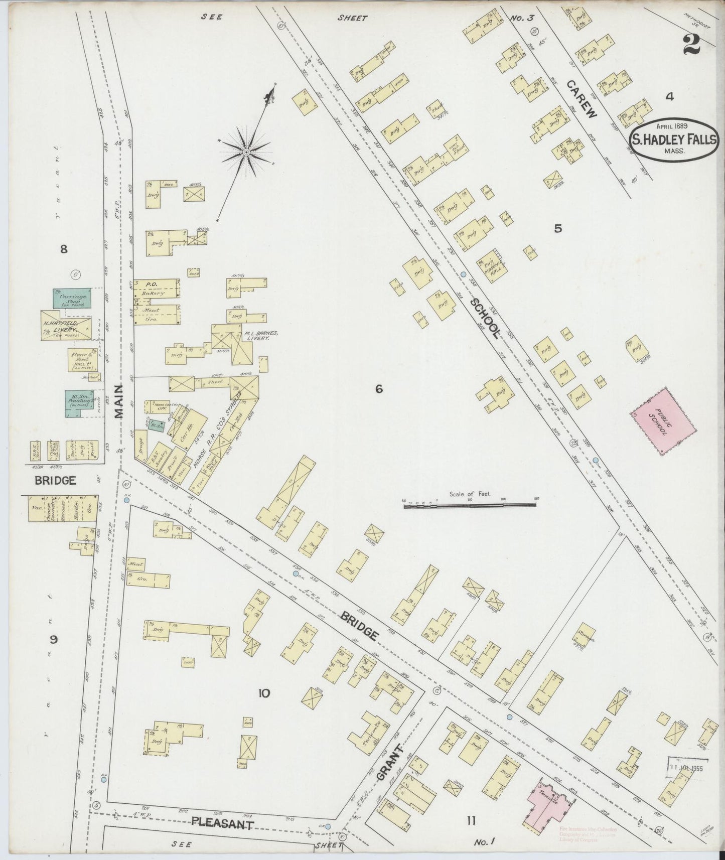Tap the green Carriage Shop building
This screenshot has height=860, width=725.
[73, 298]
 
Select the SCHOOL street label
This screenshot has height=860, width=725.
[485, 318]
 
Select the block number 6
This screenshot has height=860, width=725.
[379, 389]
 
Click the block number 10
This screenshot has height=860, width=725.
[264, 694]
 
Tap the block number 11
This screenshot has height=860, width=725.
[471, 821]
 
